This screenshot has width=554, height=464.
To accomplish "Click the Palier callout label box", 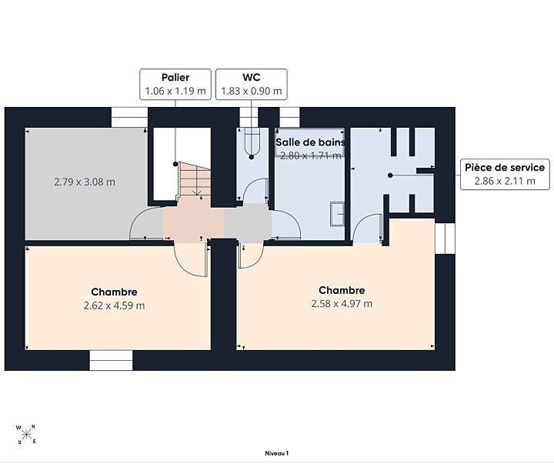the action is [x=175, y=84].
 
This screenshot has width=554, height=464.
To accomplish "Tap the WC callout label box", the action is [x=251, y=84].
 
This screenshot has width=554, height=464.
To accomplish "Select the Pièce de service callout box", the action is [x=505, y=174].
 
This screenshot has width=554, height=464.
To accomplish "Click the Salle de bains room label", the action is [x=310, y=142].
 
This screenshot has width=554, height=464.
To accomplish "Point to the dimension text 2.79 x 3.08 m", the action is [x=85, y=182].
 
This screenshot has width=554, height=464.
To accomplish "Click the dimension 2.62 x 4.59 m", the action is [x=114, y=305].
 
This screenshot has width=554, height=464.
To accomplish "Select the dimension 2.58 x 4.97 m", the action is [x=342, y=303].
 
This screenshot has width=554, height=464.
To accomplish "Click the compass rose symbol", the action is [x=26, y=434].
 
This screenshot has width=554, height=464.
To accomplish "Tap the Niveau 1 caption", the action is [x=277, y=453].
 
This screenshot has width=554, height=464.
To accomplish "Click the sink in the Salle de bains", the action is [x=338, y=214].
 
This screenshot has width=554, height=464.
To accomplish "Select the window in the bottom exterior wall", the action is [x=111, y=360].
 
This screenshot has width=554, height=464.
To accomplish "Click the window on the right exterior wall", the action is [x=445, y=239].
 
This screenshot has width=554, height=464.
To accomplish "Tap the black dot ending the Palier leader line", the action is [x=175, y=164].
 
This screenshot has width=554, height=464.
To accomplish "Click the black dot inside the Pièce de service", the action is [x=390, y=175].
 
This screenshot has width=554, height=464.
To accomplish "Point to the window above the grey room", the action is [x=130, y=117].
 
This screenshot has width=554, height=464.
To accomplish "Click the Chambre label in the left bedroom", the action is [x=114, y=292].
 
